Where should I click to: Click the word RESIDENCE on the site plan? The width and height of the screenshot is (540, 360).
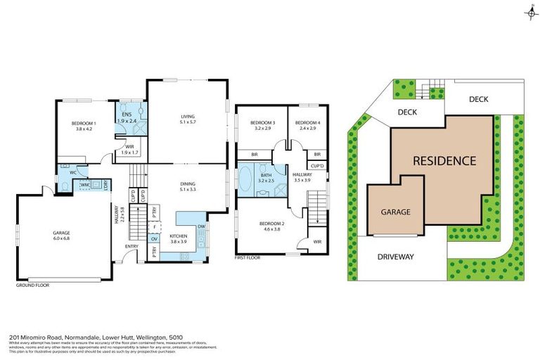click(444, 160)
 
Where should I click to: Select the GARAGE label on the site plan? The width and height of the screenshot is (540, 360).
click(395, 212)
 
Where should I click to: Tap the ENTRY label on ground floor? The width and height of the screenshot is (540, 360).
click(131, 247)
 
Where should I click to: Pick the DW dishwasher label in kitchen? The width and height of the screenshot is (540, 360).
click(201, 226)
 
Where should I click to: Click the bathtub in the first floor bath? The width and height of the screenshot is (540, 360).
click(245, 178)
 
